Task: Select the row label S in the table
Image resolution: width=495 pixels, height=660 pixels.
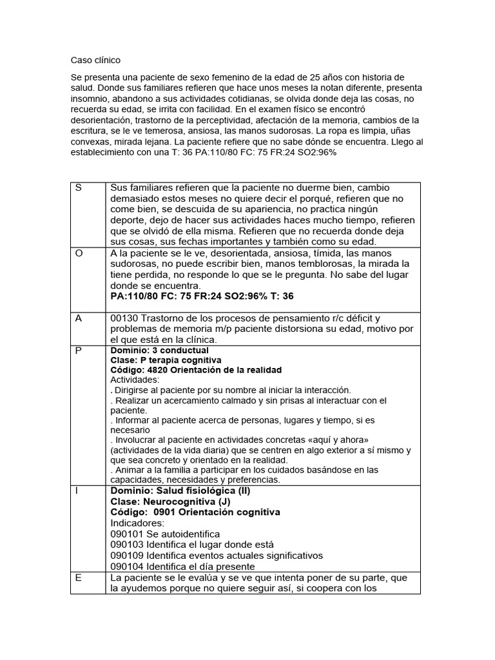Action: point(79,188)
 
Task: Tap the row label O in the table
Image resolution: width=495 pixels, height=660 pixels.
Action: point(79,253)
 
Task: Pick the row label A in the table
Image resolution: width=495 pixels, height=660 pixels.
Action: point(79,318)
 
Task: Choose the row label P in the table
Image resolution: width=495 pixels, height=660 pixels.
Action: point(79,351)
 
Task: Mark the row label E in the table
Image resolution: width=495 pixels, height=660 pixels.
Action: point(79,577)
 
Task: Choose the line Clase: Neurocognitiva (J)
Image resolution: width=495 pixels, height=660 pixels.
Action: point(170,501)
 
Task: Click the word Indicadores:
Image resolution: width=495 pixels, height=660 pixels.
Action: point(138,523)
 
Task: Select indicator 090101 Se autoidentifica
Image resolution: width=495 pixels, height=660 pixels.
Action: point(165,534)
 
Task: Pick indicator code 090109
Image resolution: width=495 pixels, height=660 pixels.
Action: point(127,556)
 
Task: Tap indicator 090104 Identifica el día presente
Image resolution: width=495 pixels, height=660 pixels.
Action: point(182,567)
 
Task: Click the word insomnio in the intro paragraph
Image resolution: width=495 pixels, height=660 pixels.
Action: point(92,110)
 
